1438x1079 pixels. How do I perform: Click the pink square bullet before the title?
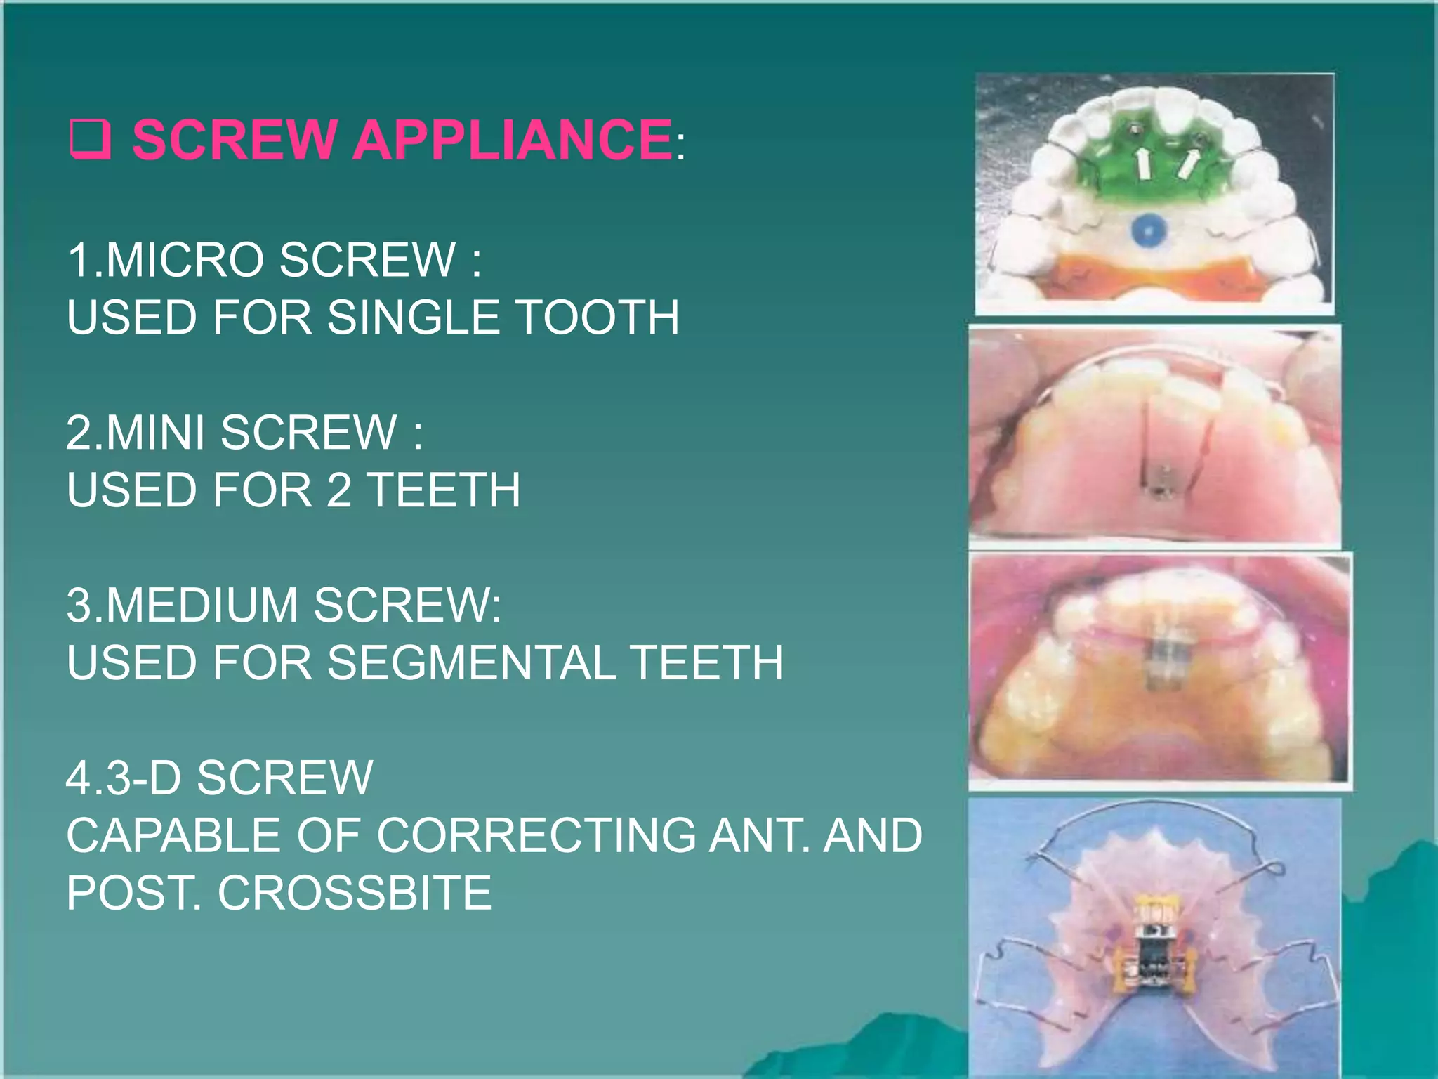pos(90,139)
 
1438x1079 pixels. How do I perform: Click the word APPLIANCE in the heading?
pos(513,139)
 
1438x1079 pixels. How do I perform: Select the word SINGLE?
pos(414,318)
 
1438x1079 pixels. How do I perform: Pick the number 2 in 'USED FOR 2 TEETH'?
pos(339,490)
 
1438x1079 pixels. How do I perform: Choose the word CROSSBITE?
pos(355,894)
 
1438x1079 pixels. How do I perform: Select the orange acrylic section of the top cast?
pos(1067,277)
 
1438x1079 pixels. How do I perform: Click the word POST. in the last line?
pos(133,894)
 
